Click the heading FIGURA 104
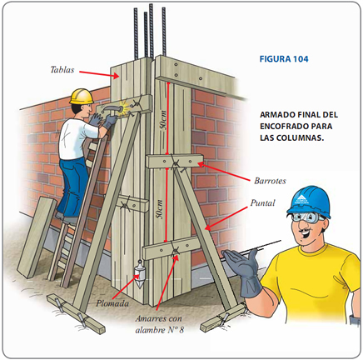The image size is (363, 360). point(284,59)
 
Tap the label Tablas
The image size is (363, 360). point(62,70)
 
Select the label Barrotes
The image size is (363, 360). point(270,181)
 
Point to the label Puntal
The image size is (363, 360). point(262,202)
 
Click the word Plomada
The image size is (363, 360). point(112,303)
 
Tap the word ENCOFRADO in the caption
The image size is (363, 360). point(282,126)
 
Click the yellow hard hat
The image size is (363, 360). point(82,97)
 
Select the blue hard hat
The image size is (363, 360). point(309,201)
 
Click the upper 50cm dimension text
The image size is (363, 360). point(163,120)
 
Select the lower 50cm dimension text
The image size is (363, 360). point(160,209)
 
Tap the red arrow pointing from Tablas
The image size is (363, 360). point(99,74)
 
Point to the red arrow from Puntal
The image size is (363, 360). point(226,219)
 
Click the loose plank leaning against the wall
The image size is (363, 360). point(37,237)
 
